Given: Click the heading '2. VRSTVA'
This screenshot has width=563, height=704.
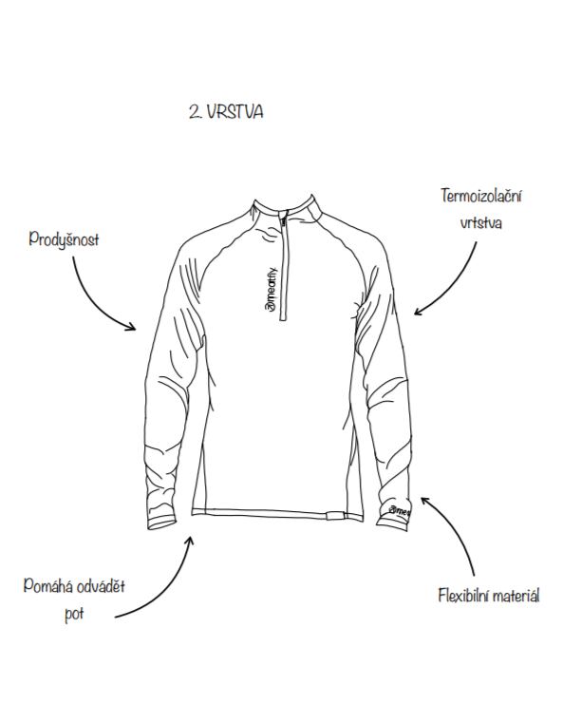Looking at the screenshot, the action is [x=226, y=112].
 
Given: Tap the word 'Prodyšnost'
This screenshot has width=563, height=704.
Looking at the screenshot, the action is [x=64, y=238].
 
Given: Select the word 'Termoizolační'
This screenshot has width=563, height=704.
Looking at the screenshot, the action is [x=481, y=196].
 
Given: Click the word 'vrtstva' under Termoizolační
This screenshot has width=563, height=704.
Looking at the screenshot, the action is [x=481, y=222].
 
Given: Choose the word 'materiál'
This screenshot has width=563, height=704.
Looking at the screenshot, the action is [x=516, y=596].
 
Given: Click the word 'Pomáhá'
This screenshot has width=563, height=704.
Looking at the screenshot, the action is [x=47, y=586].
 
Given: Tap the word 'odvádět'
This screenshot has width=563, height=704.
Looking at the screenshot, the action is [x=101, y=586].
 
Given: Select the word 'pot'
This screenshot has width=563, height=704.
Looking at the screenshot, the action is [x=74, y=614].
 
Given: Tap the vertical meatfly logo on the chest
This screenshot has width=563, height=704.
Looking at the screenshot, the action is [x=272, y=289].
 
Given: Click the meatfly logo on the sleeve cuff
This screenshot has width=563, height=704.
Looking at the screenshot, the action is [x=400, y=512].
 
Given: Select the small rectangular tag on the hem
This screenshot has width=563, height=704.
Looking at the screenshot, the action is [x=335, y=516].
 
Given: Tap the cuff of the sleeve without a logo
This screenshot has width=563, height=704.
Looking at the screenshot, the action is [x=161, y=523].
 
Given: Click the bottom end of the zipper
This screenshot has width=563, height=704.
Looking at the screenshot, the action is [x=283, y=318].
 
